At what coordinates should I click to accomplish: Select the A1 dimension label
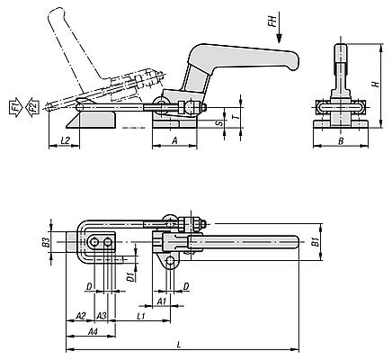[x=162, y=302]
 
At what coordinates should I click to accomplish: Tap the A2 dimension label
[x=79, y=315]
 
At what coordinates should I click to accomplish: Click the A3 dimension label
[x=102, y=315]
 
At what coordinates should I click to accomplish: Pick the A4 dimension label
[x=92, y=332]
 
